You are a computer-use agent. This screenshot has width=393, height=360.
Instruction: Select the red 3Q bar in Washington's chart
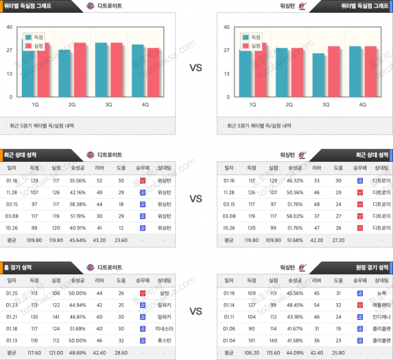tap(334, 71)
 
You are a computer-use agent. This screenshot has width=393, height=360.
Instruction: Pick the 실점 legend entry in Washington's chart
tap(255, 45)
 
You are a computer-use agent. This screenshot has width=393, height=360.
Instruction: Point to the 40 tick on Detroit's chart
tap(9, 27)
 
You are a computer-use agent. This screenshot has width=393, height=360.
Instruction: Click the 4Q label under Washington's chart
tap(363, 104)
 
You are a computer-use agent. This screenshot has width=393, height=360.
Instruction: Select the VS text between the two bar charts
tap(196, 68)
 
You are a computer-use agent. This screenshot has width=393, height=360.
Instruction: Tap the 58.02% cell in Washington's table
tap(295, 216)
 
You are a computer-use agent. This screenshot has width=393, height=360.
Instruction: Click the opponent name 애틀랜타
tap(382, 304)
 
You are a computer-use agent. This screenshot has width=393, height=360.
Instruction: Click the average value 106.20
tap(252, 352)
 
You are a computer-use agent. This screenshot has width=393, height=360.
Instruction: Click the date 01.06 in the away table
tap(229, 328)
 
